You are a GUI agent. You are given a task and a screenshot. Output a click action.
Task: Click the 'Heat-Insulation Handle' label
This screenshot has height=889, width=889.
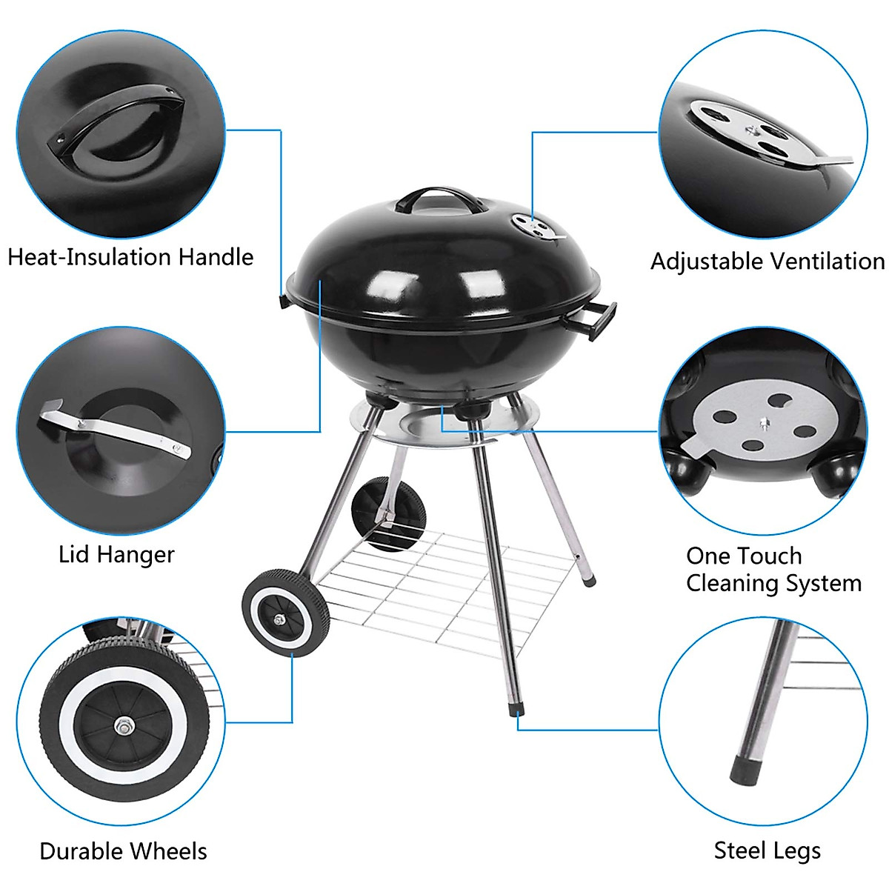point(130,257)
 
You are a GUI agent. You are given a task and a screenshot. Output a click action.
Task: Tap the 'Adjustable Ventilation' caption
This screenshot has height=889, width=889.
point(768,262)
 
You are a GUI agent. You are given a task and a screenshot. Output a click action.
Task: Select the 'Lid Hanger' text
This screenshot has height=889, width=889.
point(116,554)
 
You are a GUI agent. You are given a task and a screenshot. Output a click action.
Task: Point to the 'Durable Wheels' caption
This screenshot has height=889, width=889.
point(123,851)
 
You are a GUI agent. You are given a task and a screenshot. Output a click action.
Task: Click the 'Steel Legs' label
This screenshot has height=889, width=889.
point(767,850)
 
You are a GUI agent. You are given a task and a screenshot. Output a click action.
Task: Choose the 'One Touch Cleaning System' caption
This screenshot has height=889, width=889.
point(773,570)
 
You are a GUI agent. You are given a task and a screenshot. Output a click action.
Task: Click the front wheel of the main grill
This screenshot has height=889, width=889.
point(285,611)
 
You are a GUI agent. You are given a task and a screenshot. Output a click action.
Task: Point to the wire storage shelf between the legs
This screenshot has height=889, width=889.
point(444,585)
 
